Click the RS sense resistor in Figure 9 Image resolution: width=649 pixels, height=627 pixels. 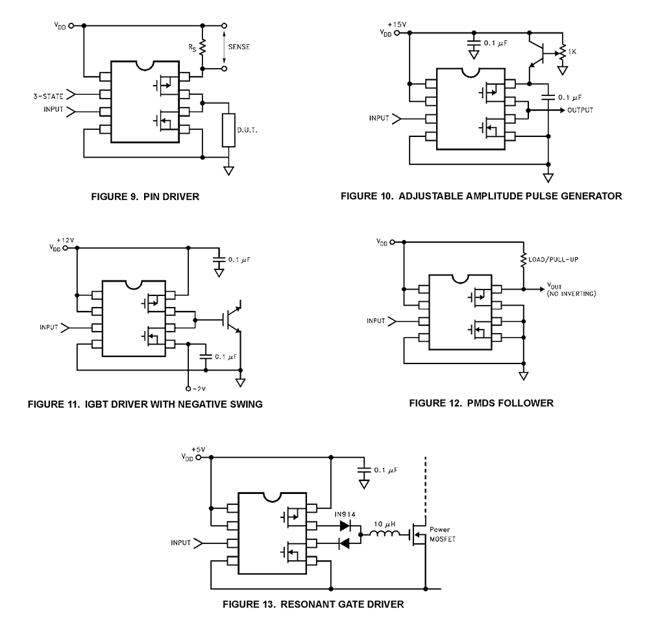(202, 47)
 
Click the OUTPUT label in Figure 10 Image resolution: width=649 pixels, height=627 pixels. (580, 110)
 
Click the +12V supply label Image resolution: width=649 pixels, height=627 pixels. (66, 240)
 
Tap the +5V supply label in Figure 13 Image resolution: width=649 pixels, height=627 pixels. (198, 449)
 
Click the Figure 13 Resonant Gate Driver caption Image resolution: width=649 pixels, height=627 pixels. (313, 605)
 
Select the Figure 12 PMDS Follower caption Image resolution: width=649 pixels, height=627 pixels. (481, 403)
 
